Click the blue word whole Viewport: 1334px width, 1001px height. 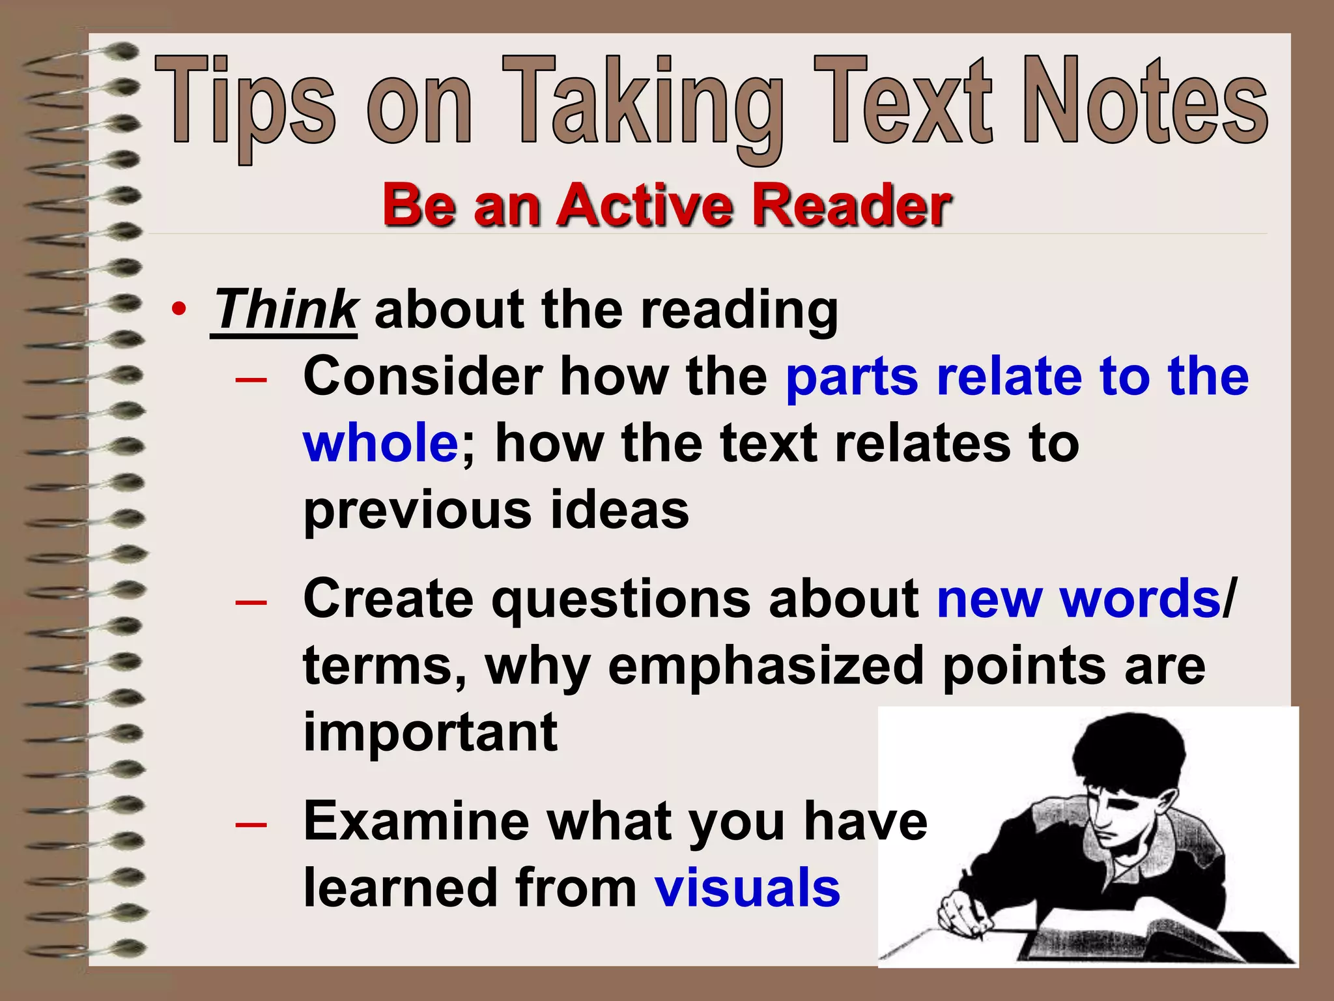pos(381,443)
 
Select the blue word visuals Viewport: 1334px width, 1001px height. pos(747,888)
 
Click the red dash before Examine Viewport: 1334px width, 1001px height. pos(251,824)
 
